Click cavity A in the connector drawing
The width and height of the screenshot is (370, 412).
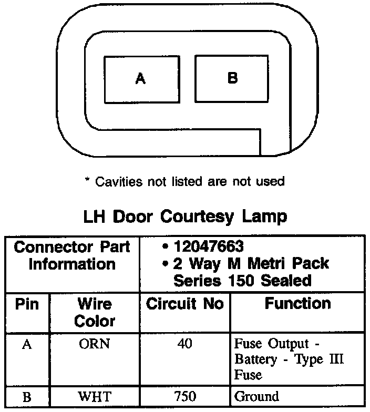140,79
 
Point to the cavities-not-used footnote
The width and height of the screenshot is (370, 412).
184,182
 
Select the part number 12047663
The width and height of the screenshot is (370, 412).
210,246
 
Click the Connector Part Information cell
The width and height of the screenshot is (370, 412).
72,255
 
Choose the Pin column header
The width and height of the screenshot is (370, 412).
27,305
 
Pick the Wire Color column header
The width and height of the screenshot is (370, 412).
95,312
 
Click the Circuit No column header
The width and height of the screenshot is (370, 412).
184,304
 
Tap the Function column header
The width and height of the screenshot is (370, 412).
297,304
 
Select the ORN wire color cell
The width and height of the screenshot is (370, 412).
95,345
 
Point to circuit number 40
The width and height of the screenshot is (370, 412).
184,344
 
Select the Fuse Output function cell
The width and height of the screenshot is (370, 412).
289,360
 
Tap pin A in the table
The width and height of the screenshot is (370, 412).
27,345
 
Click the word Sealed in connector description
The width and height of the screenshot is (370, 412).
286,280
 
